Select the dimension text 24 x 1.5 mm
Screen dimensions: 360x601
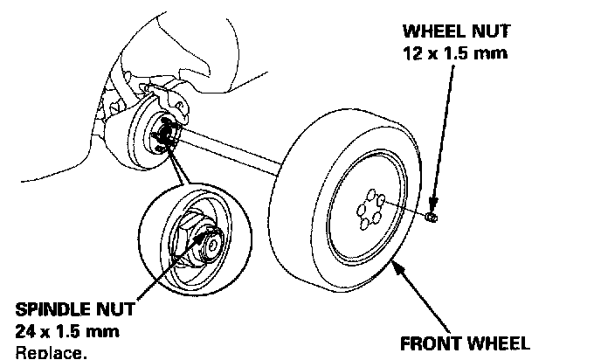67,332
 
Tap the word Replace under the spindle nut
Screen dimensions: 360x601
52,352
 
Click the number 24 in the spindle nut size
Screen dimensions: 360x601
25,332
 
